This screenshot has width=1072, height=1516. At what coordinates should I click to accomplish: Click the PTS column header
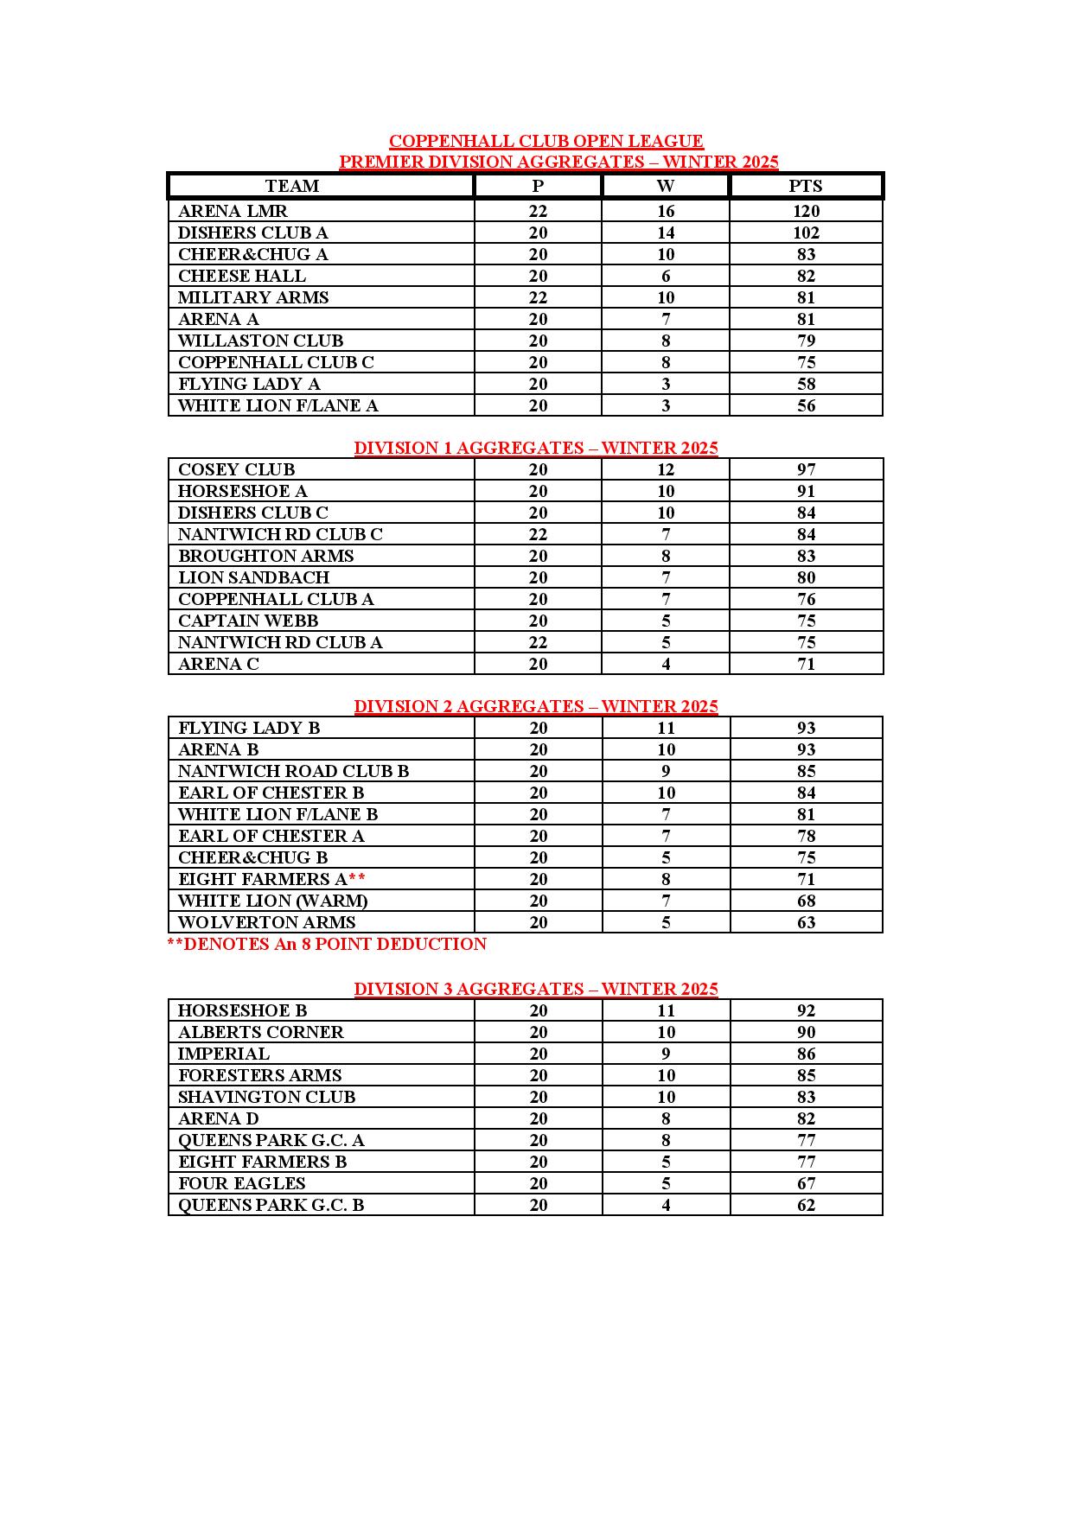[805, 186]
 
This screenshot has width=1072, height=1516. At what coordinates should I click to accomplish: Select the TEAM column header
[292, 186]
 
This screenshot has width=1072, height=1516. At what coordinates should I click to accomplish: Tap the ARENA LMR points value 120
[806, 211]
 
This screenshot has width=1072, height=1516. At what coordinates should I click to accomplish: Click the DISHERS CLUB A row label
[252, 232]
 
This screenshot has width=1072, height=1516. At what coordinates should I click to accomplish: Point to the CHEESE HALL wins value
[666, 276]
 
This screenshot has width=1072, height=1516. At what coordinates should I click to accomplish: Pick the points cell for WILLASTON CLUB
[806, 341]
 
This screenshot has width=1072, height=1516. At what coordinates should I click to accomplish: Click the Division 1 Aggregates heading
[536, 448]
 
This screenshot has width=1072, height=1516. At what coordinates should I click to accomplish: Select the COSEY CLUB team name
[236, 469]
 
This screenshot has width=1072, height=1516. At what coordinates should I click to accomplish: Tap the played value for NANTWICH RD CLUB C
[538, 534]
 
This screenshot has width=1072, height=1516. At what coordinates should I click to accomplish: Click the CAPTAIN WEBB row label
[248, 621]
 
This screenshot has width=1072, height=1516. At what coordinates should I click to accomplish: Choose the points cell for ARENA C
[806, 664]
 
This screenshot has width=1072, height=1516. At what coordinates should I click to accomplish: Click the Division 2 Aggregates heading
[536, 706]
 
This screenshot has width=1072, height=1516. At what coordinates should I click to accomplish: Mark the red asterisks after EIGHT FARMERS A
[357, 879]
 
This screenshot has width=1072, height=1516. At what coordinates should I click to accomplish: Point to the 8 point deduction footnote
[327, 944]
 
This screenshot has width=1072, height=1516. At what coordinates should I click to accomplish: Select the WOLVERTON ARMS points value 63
[806, 922]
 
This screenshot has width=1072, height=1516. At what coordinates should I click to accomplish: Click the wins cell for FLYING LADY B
[666, 728]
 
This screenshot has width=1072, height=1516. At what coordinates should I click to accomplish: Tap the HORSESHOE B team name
[242, 1010]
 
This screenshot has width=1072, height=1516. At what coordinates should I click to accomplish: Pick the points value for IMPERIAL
[806, 1054]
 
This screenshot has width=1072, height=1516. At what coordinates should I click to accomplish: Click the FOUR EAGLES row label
[241, 1183]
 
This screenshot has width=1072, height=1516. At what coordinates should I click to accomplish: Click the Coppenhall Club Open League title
[546, 141]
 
